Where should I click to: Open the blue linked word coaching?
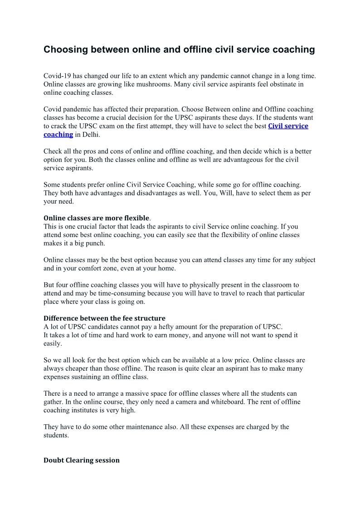click(x=58, y=135)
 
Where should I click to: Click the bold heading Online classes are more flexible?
click(x=96, y=218)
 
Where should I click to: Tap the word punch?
click(x=96, y=243)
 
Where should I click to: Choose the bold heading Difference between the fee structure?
click(x=104, y=318)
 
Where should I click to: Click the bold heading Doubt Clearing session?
click(x=82, y=460)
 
